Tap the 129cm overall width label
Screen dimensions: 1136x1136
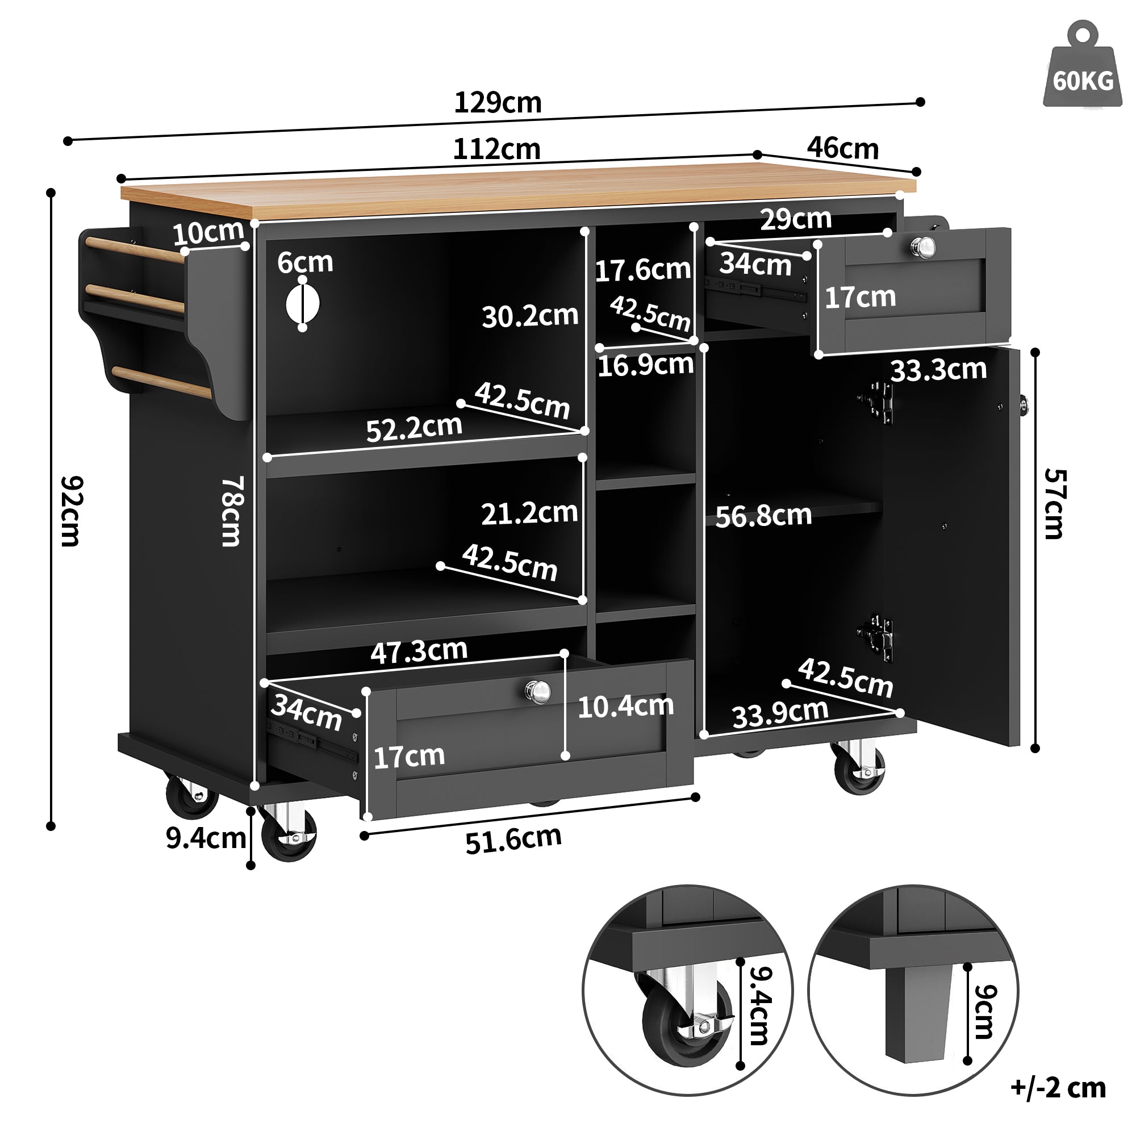point(498,103)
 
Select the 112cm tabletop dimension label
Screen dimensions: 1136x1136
point(496,149)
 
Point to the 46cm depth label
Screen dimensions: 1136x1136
point(842,148)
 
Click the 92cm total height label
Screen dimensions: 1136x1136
point(72,511)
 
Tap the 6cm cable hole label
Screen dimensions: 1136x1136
point(304,262)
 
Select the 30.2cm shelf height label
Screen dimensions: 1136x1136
point(530,316)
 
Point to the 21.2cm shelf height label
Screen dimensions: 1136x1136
point(529,513)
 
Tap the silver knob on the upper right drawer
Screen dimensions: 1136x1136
point(924,247)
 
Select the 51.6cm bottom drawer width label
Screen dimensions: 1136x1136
point(513,839)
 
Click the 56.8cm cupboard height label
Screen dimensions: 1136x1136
point(763,516)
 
